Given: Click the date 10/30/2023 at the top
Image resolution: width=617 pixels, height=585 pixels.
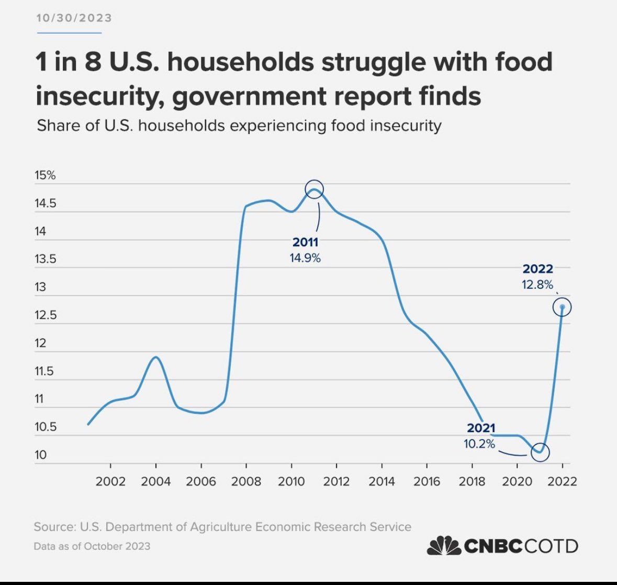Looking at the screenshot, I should pos(74,18).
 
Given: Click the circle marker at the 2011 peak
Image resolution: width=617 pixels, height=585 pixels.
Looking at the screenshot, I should pos(314,189).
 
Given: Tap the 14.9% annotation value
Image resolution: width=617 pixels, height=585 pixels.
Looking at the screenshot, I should pos(305,257).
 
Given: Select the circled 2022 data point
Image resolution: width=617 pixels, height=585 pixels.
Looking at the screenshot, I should pos(562,307).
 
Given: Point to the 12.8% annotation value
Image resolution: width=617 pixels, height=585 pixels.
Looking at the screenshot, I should pos(537,285).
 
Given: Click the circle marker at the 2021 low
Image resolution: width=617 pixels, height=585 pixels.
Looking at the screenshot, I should pos(540,452).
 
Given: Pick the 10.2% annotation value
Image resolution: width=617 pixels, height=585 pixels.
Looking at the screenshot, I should pos(479,444).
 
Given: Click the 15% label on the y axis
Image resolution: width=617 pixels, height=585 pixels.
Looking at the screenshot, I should pos(45,175).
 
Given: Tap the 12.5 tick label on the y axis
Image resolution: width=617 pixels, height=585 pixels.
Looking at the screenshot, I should pos(45,316).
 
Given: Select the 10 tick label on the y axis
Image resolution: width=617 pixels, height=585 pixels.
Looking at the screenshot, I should pos(40,455).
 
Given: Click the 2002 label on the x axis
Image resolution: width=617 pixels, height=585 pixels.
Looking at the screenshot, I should pos(110,481).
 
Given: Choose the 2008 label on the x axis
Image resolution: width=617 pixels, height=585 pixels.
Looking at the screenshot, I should pos(246,481).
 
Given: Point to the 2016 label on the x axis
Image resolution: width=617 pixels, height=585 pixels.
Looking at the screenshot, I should pos(427,481).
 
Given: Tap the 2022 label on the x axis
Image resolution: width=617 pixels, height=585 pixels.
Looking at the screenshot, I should pos(562,481).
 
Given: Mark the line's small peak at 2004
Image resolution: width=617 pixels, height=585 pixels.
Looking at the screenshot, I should pos(156,357).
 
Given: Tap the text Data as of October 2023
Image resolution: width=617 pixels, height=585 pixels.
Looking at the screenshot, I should pos(92,546).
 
